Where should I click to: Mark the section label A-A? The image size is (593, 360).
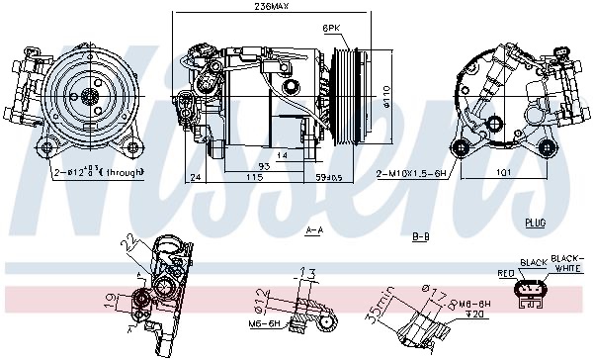click(315, 231)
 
